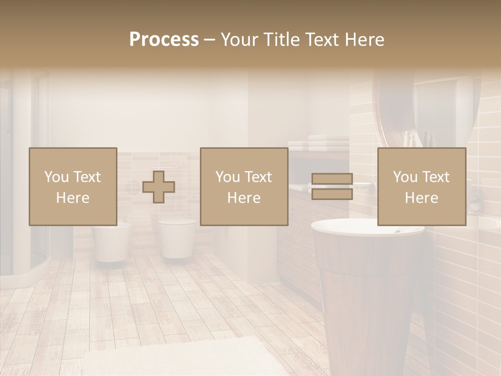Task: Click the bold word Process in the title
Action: (x=164, y=40)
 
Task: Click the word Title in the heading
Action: (x=281, y=40)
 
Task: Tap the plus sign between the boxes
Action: (x=159, y=187)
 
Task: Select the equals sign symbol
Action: (x=332, y=186)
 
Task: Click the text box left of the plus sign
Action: (x=73, y=186)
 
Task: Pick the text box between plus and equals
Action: (x=244, y=186)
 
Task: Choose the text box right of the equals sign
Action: (x=421, y=186)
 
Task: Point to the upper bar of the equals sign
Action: (x=332, y=179)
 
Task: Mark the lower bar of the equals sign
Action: (x=332, y=194)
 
